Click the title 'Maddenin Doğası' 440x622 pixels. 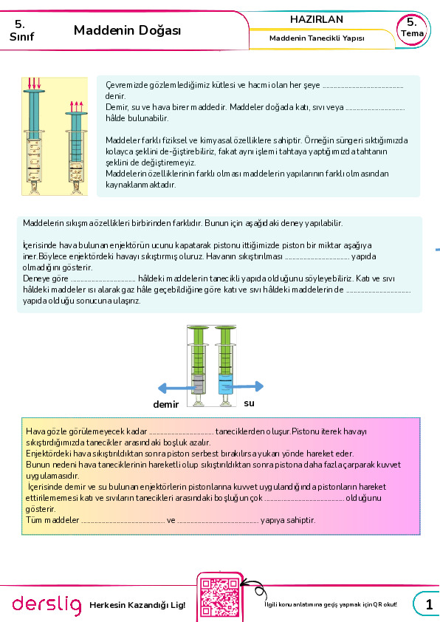(x=127, y=30)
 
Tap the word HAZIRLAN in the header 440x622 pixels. (x=316, y=19)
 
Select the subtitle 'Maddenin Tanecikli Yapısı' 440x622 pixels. (x=317, y=38)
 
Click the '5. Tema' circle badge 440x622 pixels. (x=412, y=30)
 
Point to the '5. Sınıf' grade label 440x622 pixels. (x=21, y=30)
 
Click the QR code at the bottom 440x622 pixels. (x=219, y=598)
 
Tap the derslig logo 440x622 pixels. (x=47, y=604)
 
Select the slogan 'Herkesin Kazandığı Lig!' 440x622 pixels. (x=137, y=605)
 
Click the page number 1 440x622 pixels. (x=429, y=604)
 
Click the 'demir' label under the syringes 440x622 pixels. (x=165, y=404)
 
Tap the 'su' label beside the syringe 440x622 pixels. (x=249, y=403)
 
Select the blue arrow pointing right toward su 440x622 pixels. (x=244, y=386)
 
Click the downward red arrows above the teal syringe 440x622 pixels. (x=34, y=83)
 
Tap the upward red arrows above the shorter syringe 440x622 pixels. (x=77, y=106)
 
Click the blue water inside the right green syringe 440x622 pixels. (x=225, y=384)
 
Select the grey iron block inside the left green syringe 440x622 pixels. (x=198, y=384)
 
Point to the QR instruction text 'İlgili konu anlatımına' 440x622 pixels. (x=293, y=604)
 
